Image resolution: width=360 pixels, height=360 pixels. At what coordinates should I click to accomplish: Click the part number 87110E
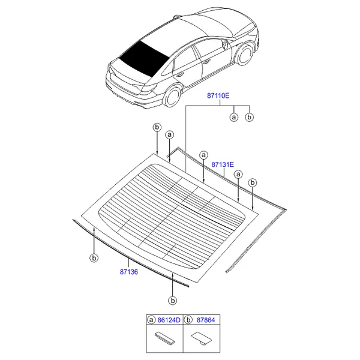coord(218,95)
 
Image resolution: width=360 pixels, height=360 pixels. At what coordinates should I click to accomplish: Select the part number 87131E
coord(223,164)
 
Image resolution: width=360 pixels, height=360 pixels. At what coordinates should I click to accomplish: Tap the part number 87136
coord(129,272)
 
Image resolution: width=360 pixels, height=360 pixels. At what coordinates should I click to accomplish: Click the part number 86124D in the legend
coord(169,320)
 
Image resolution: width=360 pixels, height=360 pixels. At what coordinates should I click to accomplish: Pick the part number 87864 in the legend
coord(206,320)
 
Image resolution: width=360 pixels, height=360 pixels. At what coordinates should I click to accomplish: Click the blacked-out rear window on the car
coord(144,58)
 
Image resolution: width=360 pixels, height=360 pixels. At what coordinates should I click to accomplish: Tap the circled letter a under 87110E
coord(234,118)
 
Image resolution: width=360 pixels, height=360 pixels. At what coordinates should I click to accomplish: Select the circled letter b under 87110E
coord(250,118)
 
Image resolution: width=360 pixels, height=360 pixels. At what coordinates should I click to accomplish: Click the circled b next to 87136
coord(94,258)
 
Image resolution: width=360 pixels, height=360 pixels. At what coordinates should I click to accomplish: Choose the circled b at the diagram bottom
coord(172,301)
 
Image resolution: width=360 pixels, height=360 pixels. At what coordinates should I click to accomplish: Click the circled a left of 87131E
coord(203,155)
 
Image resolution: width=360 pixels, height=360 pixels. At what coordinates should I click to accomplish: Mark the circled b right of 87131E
coord(253,183)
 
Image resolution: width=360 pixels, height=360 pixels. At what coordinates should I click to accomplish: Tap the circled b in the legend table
coord(188,320)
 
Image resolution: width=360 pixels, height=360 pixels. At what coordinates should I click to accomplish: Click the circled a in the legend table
coord(151,320)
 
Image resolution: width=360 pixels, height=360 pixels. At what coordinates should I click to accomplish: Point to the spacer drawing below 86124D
coord(165,338)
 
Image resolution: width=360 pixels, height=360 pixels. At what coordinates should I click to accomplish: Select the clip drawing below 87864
coord(202,338)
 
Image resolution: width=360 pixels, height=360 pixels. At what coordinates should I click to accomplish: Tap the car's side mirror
coord(225,44)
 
